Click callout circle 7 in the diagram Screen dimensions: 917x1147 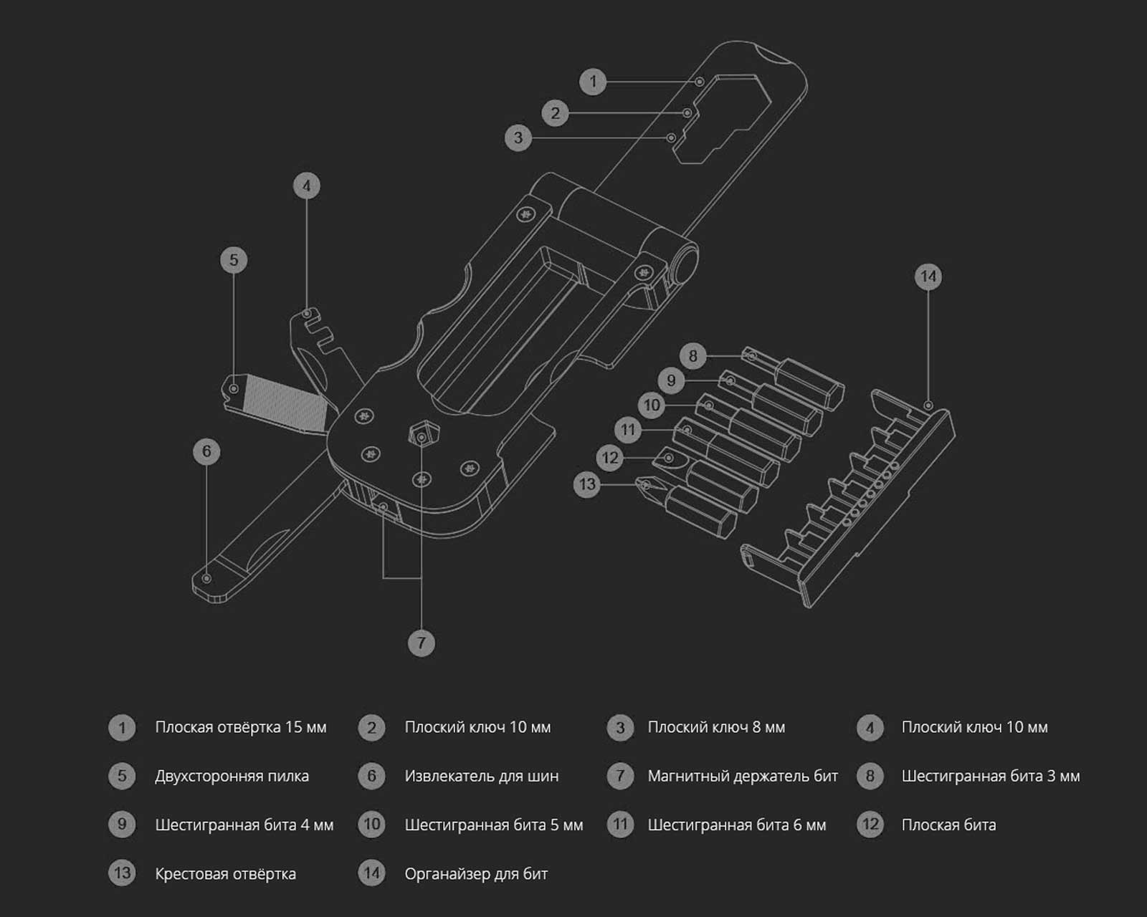pyautogui.click(x=421, y=643)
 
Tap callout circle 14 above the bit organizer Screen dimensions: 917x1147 pyautogui.click(x=928, y=277)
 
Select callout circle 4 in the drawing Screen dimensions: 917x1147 pyautogui.click(x=307, y=186)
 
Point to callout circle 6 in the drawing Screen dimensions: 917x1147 pyautogui.click(x=206, y=451)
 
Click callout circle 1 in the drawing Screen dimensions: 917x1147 pyautogui.click(x=593, y=82)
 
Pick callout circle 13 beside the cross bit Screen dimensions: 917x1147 pyautogui.click(x=587, y=484)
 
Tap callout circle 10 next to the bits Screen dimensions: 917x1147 pyautogui.click(x=652, y=405)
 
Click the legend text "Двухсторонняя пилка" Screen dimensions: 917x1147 pyautogui.click(x=232, y=776)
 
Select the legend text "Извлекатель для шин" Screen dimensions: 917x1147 pyautogui.click(x=481, y=776)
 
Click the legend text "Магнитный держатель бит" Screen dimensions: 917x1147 pyautogui.click(x=742, y=776)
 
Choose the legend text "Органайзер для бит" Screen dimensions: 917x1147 pyautogui.click(x=476, y=874)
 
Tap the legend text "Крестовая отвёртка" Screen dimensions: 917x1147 pyautogui.click(x=225, y=874)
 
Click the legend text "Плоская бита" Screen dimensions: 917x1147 pyautogui.click(x=948, y=825)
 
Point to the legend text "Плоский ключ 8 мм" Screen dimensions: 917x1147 pyautogui.click(x=716, y=727)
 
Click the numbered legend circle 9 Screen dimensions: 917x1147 pyautogui.click(x=122, y=825)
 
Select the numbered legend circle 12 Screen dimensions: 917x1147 pyautogui.click(x=870, y=825)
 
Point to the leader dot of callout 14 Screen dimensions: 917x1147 pyautogui.click(x=928, y=405)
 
